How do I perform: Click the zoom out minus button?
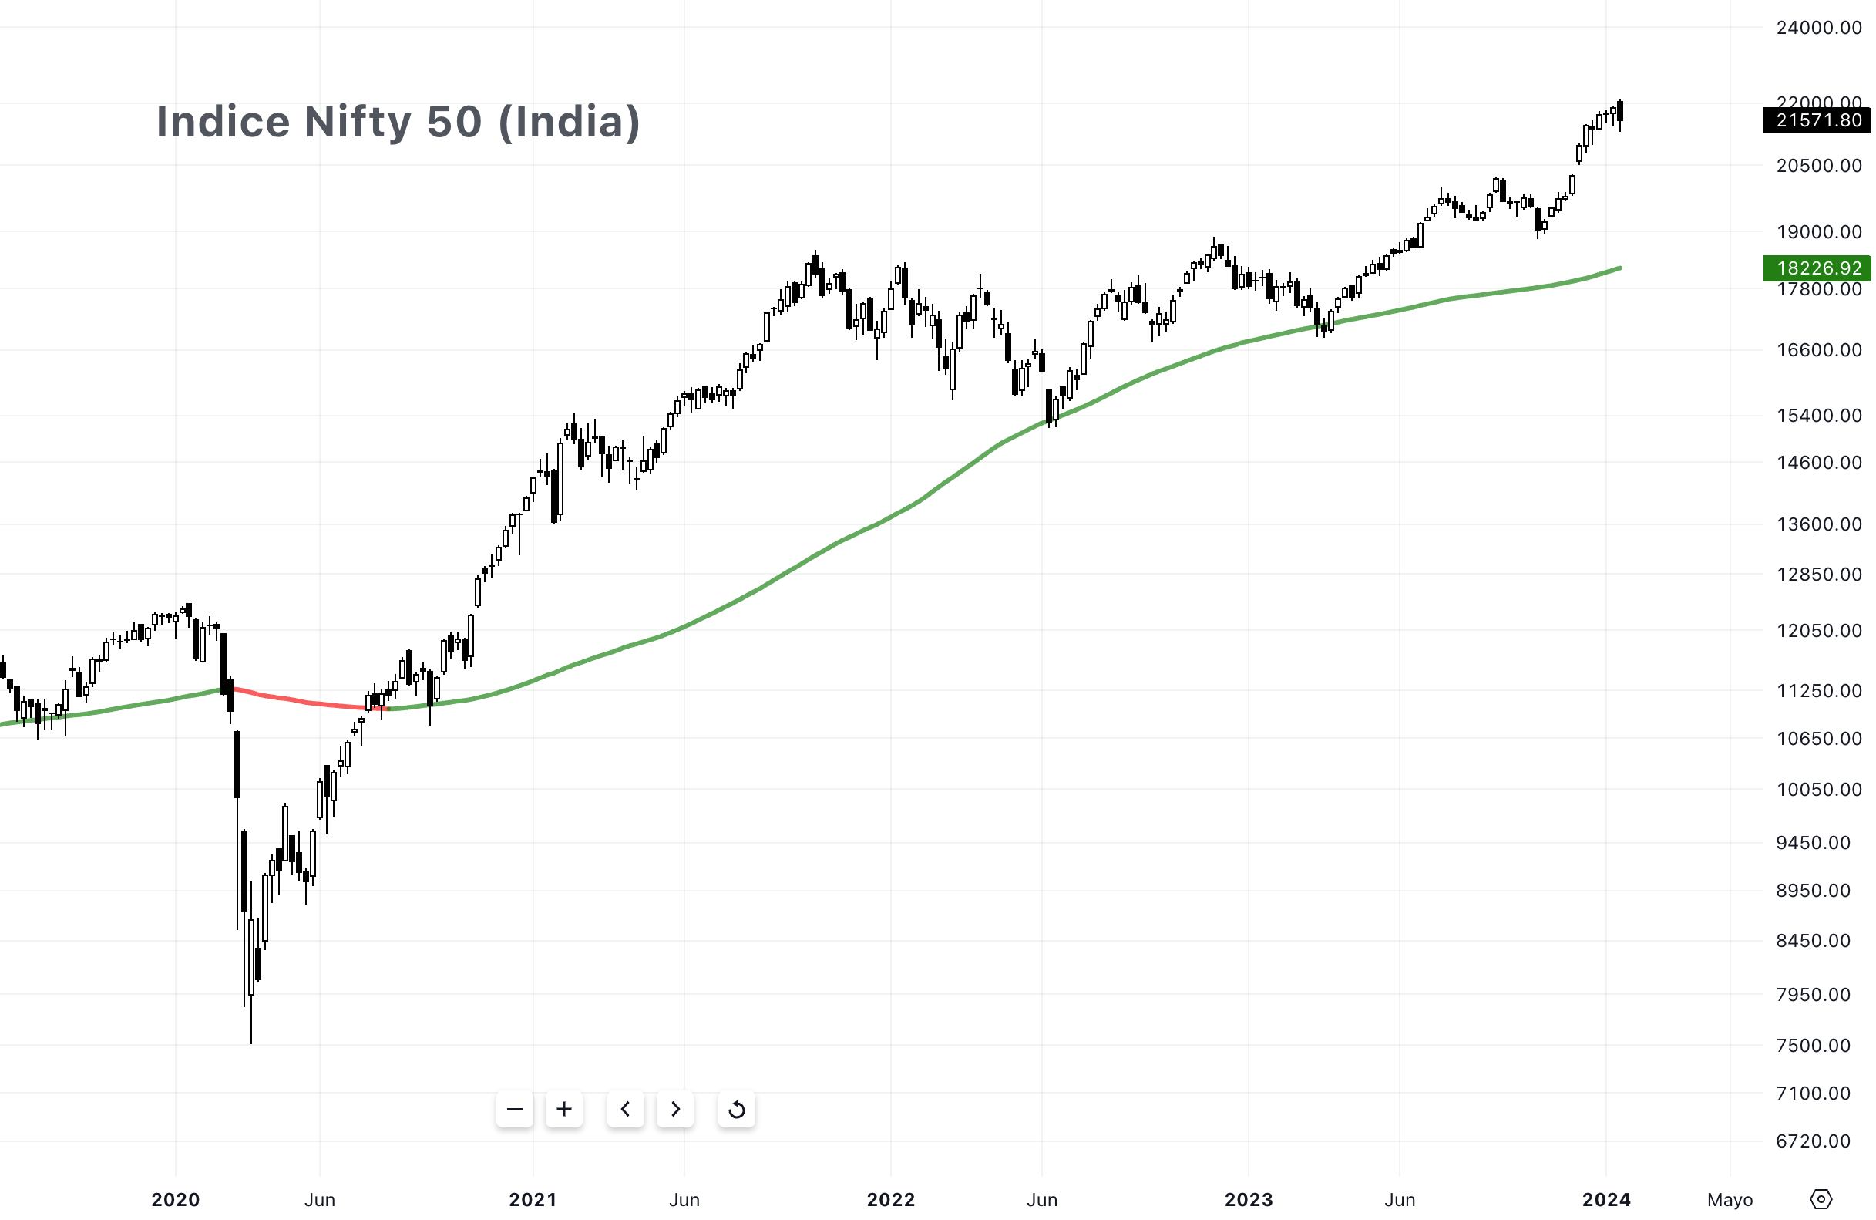[515, 1110]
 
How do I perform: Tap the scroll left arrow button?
[626, 1110]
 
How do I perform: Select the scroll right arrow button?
[674, 1110]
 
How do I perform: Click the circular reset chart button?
[736, 1110]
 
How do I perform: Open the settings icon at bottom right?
[1821, 1199]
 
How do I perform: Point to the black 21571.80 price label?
[1817, 120]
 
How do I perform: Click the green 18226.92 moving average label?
[1817, 268]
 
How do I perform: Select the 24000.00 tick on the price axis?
[1818, 28]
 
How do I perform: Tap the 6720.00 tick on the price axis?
[1813, 1141]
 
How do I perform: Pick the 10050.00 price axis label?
[1818, 790]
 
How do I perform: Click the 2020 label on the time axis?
[176, 1199]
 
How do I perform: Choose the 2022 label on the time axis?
[891, 1199]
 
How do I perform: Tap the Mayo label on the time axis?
[1730, 1199]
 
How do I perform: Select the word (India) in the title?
[569, 123]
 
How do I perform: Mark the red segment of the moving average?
[308, 702]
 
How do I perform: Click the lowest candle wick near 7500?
[251, 1025]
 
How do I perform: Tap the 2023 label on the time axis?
[1249, 1199]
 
